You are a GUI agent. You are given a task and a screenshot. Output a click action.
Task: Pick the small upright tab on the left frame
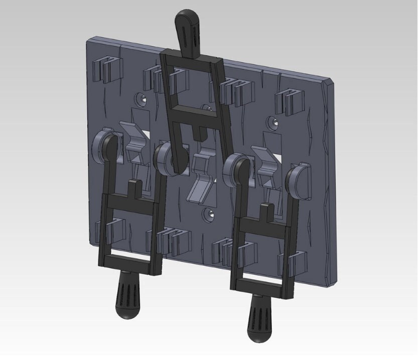pyautogui.click(x=134, y=187)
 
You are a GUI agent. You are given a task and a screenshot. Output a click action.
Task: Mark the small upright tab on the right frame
pyautogui.click(x=264, y=211)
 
